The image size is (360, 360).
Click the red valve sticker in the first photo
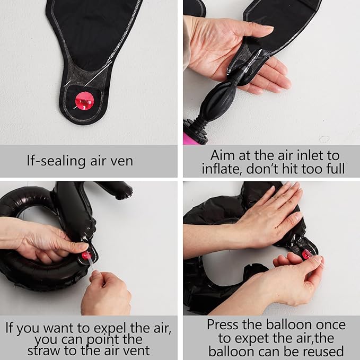pyautogui.click(x=84, y=101)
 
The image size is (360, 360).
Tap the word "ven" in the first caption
pyautogui.click(x=122, y=161)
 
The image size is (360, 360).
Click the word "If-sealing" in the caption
pyautogui.click(x=56, y=161)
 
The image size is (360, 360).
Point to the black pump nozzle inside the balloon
pyautogui.click(x=236, y=76)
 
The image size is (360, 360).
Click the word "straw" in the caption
pyautogui.click(x=44, y=351)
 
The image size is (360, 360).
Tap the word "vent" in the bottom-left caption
pyautogui.click(x=136, y=351)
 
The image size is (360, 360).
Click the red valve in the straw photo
pyautogui.click(x=86, y=256)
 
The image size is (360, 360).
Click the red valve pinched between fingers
pyautogui.click(x=307, y=254)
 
